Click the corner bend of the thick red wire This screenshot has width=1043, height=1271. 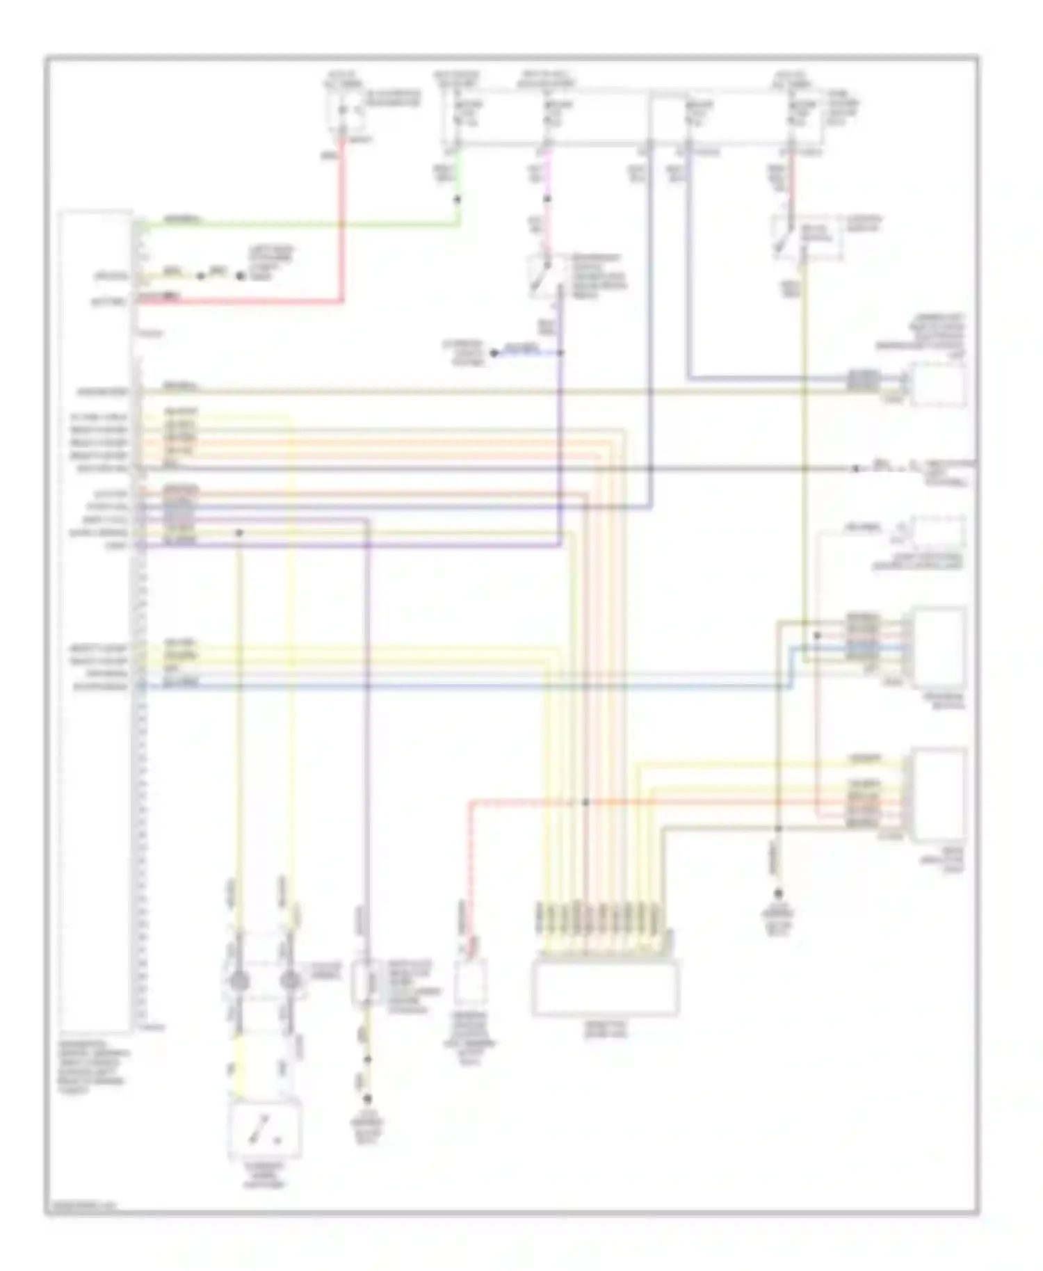(x=341, y=301)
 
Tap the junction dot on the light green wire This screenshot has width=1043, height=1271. (x=457, y=200)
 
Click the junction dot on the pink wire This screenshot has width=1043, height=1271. (x=547, y=200)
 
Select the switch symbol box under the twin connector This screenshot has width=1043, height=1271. (x=265, y=1130)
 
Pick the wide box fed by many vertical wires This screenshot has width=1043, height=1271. (x=605, y=988)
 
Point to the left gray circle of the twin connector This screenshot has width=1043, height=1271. (x=239, y=981)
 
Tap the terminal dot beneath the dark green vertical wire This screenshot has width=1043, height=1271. (x=778, y=893)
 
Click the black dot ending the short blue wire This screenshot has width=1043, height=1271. (x=494, y=353)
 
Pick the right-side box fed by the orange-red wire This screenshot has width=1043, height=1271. (x=939, y=794)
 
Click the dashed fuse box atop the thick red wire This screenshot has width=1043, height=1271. (x=346, y=111)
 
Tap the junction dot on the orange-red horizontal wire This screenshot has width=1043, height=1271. (x=585, y=802)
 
